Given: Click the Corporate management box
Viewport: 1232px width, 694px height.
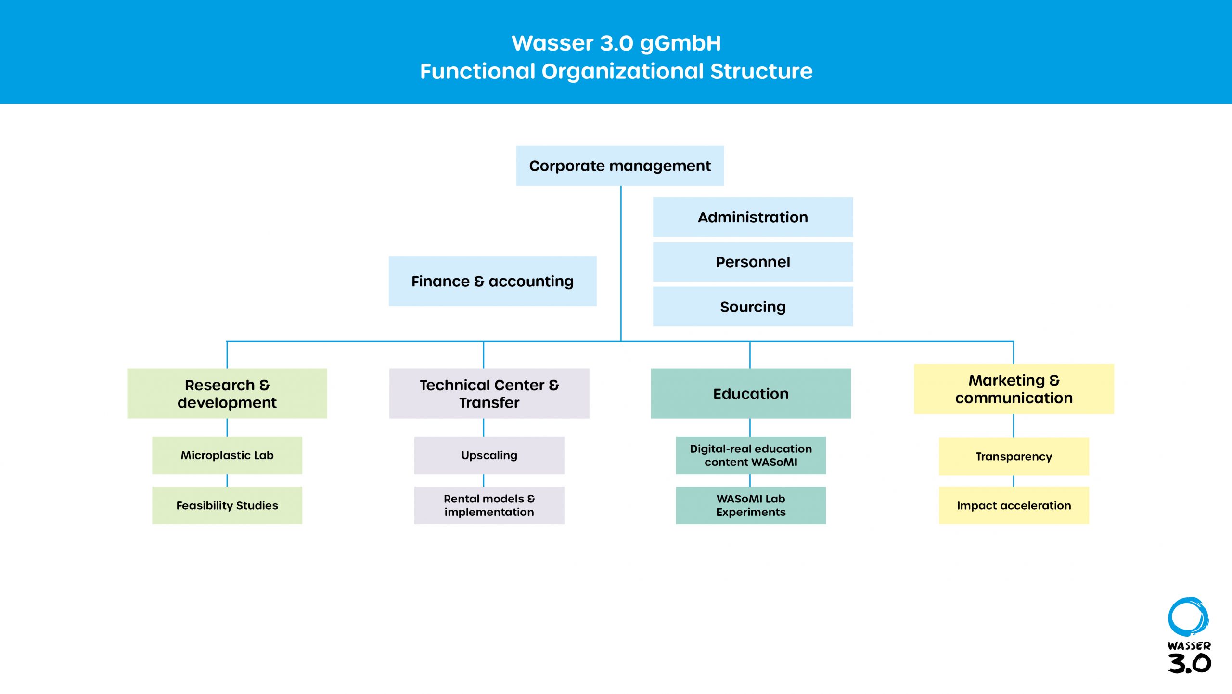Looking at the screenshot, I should (620, 166).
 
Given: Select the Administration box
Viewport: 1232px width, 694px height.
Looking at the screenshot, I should (753, 217).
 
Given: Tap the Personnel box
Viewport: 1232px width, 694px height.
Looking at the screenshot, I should (753, 262).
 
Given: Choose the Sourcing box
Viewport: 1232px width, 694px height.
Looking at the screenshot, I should (753, 307).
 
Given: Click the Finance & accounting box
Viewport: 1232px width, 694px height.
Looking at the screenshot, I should (492, 281).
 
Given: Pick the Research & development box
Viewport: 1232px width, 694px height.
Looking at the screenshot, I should (227, 393).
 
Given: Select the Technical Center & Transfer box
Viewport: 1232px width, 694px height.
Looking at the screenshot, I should (489, 393).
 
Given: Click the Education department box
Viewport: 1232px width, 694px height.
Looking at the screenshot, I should (751, 393).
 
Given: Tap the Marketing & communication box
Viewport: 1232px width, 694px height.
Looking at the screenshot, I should (1014, 389).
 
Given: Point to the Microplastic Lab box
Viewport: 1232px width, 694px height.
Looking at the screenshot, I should (227, 455).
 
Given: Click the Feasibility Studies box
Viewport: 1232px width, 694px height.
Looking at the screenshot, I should (227, 505).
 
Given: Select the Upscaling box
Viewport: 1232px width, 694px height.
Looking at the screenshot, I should (489, 455).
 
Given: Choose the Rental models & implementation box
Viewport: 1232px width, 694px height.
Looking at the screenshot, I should (489, 505).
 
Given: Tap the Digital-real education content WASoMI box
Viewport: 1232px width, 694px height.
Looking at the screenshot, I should (751, 455).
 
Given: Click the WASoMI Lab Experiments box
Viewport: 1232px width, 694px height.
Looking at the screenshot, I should (751, 505).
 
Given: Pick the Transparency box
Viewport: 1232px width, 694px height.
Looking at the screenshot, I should (1014, 456).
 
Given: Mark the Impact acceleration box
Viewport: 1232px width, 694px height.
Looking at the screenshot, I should (1014, 505).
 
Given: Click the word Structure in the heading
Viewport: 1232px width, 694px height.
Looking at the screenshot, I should (761, 71).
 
